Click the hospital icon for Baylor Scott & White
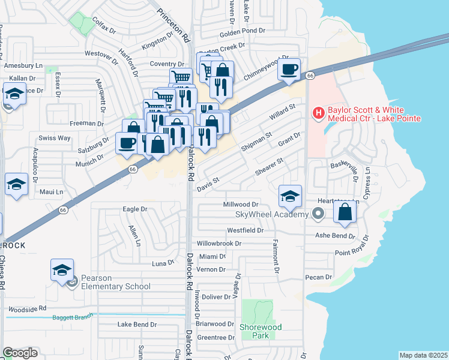pos(318,112)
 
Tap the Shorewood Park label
pos(261,331)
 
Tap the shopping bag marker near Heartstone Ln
pos(345,212)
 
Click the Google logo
pos(20,353)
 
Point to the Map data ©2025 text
pos(423,355)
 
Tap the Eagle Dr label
pos(134,209)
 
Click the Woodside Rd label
pos(26,308)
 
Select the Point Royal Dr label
pos(355,253)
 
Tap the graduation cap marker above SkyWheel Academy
pos(289,196)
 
